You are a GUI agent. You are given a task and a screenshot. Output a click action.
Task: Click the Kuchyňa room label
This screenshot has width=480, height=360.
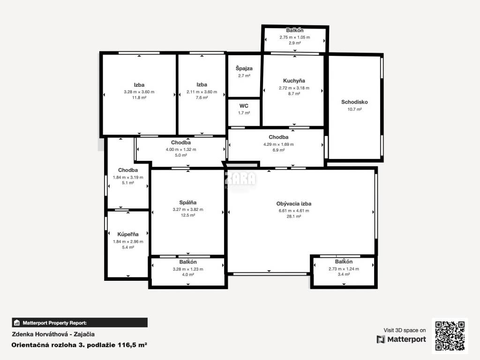point(294,81)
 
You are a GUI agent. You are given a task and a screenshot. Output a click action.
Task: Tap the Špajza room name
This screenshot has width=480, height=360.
point(244,68)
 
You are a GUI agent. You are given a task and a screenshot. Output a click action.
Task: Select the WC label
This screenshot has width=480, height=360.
point(244,106)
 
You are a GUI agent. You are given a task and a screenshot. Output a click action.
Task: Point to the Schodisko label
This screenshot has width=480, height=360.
point(354,102)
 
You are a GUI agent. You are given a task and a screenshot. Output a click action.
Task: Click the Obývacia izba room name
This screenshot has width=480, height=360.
point(293,203)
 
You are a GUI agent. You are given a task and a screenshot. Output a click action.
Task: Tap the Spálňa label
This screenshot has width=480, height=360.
point(187,202)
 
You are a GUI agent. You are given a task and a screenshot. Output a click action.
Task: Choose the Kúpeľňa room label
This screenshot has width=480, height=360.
point(128,234)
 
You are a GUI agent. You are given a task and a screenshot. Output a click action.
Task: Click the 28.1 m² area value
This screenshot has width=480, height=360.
point(294,217)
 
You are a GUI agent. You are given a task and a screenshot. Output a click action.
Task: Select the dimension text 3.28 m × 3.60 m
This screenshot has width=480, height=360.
point(139,92)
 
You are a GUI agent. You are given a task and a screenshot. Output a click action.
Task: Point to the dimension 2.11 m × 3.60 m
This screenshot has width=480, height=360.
point(202,92)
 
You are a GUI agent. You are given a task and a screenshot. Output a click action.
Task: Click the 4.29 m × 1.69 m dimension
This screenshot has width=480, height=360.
point(278,144)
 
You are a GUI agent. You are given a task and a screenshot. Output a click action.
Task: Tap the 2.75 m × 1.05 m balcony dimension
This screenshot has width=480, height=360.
point(294,37)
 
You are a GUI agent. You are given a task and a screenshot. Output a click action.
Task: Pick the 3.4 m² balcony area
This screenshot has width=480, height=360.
point(344,274)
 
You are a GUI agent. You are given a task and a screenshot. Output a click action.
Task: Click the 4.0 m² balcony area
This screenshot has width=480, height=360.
point(187,275)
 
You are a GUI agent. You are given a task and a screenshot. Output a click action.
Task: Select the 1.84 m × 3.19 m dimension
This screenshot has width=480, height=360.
point(128,177)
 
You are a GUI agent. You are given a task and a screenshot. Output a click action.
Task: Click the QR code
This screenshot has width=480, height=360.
point(450,336)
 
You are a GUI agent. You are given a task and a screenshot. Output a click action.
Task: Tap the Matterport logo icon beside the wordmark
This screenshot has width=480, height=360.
point(381,339)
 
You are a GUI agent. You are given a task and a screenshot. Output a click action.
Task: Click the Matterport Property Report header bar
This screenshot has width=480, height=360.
point(80,322)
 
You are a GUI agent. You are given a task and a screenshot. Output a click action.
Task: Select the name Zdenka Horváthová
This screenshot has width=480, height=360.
point(40,334)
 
